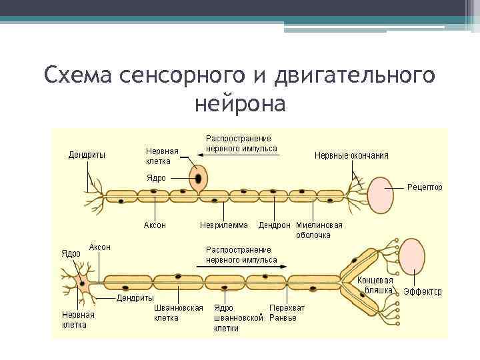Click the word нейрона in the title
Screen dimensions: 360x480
[x=240, y=104]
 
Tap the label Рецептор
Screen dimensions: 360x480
[x=425, y=187]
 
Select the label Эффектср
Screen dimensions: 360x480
[x=423, y=292]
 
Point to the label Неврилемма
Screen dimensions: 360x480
[x=224, y=225]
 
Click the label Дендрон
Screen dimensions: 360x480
[x=274, y=225]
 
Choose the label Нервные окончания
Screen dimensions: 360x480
[x=351, y=156]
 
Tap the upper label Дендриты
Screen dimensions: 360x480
[x=87, y=156]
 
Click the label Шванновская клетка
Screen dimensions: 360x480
[x=178, y=313]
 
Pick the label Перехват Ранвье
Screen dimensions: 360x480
[x=287, y=313]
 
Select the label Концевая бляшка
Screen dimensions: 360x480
[x=375, y=285]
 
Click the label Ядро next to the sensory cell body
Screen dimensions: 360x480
[x=156, y=178]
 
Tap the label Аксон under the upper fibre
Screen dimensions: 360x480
[x=155, y=225]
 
